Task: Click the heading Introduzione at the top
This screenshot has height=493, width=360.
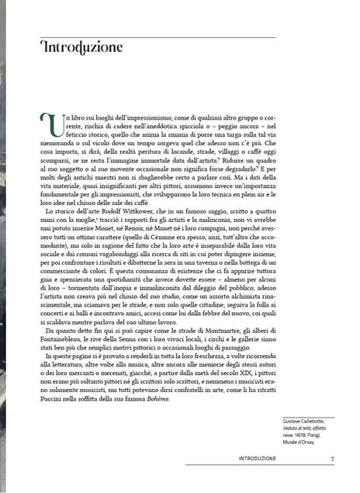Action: click(x=78, y=48)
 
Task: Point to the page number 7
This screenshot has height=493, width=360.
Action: click(x=332, y=481)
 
